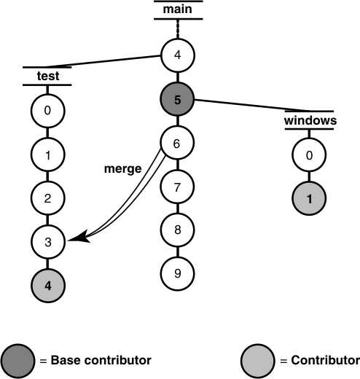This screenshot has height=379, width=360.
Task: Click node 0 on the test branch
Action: pos(48,112)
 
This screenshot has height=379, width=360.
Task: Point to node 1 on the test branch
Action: pos(48,155)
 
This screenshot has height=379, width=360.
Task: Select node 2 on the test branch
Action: pos(48,199)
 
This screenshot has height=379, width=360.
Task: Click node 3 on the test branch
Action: pos(48,242)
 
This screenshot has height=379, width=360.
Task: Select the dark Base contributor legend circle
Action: pos(18,360)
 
